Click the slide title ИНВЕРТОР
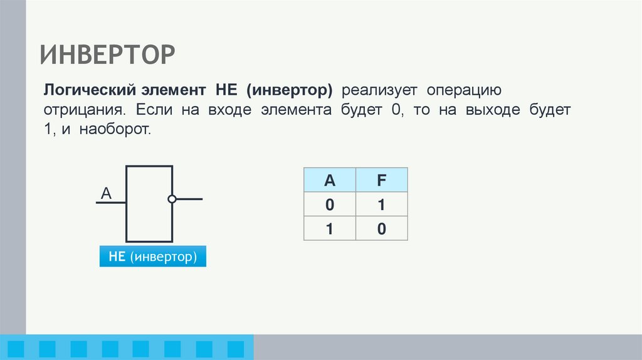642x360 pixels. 108,55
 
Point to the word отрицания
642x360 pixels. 82,110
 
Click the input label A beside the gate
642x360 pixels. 106,194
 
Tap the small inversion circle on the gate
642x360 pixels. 172,199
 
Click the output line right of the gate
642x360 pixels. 189,199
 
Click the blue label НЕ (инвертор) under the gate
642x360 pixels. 152,257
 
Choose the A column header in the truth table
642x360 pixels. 329,181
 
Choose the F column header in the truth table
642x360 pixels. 381,181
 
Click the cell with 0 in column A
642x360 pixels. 329,204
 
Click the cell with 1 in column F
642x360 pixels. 381,204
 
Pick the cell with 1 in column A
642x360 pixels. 329,228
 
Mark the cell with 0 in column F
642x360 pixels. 381,228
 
